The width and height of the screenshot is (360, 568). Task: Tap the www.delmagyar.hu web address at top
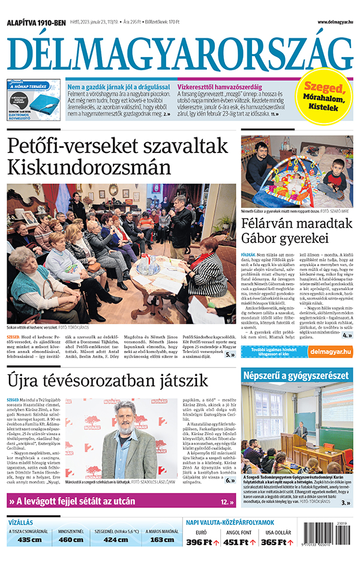[x=326, y=22]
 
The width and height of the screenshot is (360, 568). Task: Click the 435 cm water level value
[x=29, y=539]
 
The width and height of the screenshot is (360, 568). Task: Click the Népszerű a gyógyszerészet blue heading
[x=295, y=375]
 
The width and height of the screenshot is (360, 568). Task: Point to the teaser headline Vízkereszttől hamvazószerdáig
[x=222, y=88]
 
